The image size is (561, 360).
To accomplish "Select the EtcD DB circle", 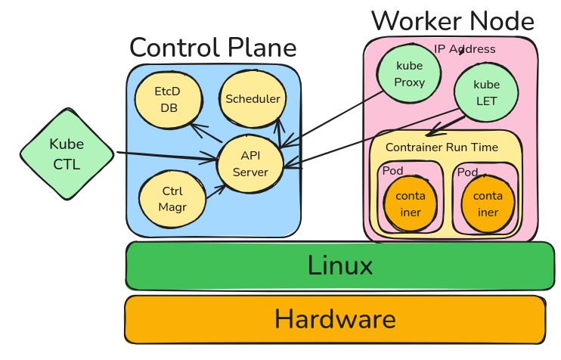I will tap(167, 99).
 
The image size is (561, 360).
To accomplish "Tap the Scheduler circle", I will tap(253, 99).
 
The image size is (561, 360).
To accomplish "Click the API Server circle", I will tap(250, 164).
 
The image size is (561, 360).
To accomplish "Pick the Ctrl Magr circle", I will tap(172, 199).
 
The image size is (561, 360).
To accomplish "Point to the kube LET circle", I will tap(486, 92).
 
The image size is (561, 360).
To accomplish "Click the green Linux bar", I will tap(340, 266).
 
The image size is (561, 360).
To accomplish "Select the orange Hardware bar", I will tap(335, 319).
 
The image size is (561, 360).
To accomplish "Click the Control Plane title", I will tap(212, 48).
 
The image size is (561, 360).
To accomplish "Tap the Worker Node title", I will tap(452, 20).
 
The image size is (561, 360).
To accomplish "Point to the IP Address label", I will tap(464, 49).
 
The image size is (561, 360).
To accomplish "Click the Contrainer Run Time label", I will tap(442, 147).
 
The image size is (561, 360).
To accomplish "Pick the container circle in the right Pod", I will tap(488, 204).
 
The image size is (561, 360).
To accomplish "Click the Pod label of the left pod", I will tap(392, 171).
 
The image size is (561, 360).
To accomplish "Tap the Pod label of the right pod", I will tap(467, 172).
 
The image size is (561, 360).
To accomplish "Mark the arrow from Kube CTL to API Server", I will tap(166, 157).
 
